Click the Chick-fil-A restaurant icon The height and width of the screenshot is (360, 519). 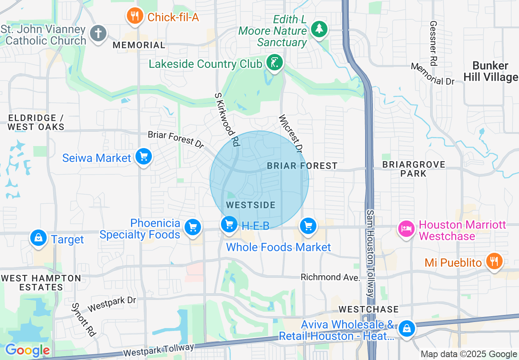pyautogui.click(x=134, y=16)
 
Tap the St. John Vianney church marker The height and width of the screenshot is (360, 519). pyautogui.click(x=98, y=34)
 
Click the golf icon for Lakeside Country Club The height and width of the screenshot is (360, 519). pyautogui.click(x=274, y=63)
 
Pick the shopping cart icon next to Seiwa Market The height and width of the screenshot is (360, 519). pyautogui.click(x=144, y=157)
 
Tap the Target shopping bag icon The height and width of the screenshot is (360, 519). pyautogui.click(x=38, y=238)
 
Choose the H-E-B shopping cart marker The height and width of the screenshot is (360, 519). pyautogui.click(x=229, y=224)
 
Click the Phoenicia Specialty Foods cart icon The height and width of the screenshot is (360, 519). pyautogui.click(x=192, y=227)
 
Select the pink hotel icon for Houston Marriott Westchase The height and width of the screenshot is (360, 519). pyautogui.click(x=406, y=228)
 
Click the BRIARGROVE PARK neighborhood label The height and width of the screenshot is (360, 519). pyautogui.click(x=413, y=169)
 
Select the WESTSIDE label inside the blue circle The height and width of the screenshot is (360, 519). pyautogui.click(x=251, y=205)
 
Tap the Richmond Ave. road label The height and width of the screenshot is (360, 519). pyautogui.click(x=330, y=277)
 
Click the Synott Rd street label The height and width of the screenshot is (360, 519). pyautogui.click(x=83, y=319)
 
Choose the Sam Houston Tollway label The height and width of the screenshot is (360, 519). pyautogui.click(x=370, y=254)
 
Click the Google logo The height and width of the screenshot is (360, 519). pyautogui.click(x=27, y=351)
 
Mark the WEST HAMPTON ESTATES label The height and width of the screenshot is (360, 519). pyautogui.click(x=41, y=283)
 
